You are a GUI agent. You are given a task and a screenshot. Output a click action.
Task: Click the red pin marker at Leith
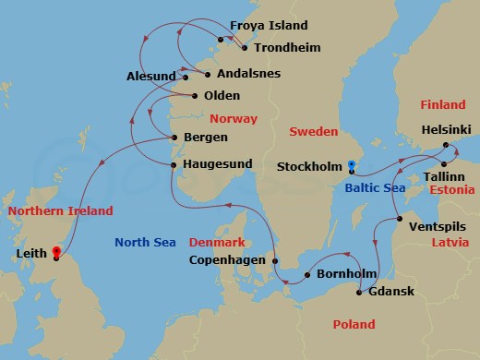pos(56,250)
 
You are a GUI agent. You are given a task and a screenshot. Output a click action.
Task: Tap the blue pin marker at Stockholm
pos(351,167)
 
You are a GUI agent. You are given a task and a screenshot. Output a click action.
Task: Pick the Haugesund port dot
pos(174,164)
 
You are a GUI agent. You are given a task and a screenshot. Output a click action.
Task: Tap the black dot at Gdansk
pos(359,293)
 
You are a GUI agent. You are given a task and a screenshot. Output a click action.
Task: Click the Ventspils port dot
pos(399,219)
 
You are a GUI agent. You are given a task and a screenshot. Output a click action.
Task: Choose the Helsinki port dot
pos(445,145)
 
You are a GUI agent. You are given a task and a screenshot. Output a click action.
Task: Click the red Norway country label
pos(234,119)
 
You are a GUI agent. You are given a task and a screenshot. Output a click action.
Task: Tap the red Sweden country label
pos(314,132)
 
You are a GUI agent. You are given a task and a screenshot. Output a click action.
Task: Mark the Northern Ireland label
pos(60,211)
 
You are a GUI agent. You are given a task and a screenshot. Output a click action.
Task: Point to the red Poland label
pos(354,324)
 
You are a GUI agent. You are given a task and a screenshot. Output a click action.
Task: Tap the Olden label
pos(222,95)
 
